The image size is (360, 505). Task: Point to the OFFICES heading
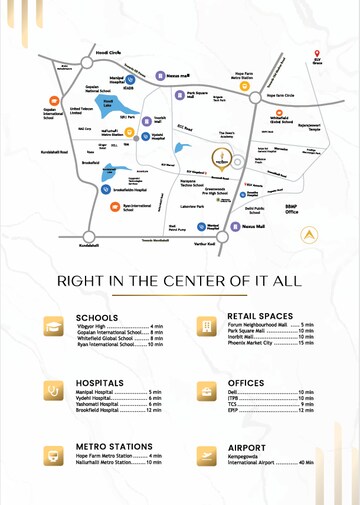(245, 382)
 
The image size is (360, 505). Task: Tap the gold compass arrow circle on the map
(312, 236)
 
